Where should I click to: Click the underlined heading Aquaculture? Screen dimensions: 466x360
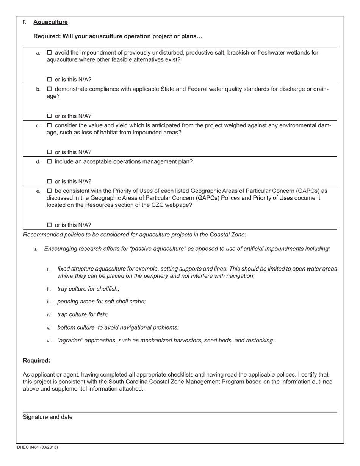click(50, 22)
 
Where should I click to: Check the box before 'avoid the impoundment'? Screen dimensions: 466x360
click(49, 53)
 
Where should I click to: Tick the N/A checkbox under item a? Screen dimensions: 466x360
click(49, 80)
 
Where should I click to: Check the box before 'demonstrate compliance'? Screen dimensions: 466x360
click(49, 89)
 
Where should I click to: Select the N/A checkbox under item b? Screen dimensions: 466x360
click(49, 116)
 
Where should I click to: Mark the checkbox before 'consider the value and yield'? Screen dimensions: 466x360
click(49, 125)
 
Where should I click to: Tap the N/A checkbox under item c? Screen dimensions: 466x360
click(49, 152)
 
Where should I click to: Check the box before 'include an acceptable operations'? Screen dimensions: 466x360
click(49, 162)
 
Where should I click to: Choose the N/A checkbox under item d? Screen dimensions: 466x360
click(49, 181)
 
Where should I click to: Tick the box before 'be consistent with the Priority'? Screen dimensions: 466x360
click(49, 191)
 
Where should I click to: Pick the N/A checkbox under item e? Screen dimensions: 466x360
click(49, 225)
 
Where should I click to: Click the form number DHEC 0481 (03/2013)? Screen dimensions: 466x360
click(37, 447)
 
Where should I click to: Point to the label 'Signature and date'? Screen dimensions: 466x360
click(47, 417)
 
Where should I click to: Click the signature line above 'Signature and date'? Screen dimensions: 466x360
click(180, 412)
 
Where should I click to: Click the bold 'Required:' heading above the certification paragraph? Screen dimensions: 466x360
click(36, 360)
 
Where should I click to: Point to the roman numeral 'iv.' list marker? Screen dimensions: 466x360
click(49, 314)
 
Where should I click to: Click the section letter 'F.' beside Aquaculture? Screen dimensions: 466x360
click(25, 22)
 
